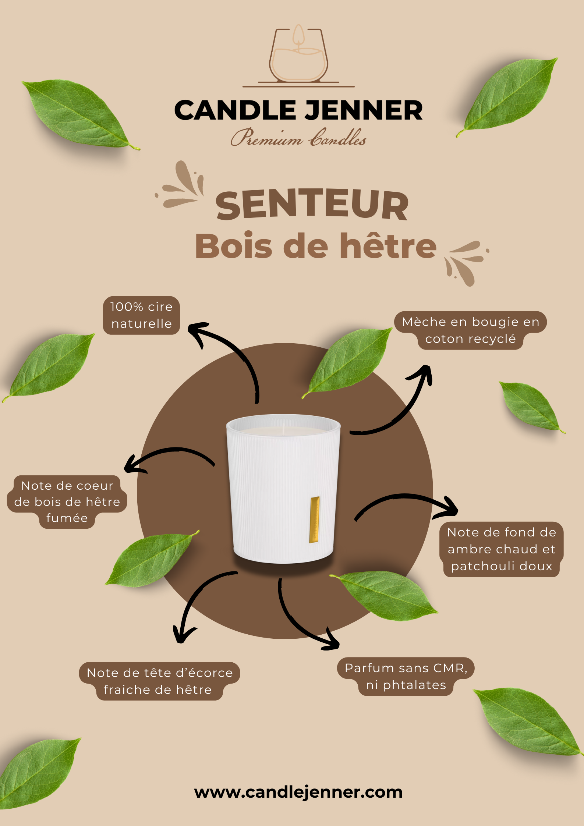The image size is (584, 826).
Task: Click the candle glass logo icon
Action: tap(298, 56)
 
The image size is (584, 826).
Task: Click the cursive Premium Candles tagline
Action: tap(298, 137)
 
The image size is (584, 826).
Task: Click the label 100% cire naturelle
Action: tap(141, 315)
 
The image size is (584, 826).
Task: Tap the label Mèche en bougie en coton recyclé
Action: tap(470, 330)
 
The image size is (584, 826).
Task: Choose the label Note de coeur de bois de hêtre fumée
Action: tap(67, 502)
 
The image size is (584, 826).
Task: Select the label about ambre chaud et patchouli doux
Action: tap(502, 549)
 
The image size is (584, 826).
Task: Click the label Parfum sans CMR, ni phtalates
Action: tap(406, 677)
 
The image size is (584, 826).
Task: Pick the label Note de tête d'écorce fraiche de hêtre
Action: tap(160, 681)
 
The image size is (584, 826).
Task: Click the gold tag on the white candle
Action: tap(315, 520)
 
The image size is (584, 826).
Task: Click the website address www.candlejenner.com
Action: tap(298, 792)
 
